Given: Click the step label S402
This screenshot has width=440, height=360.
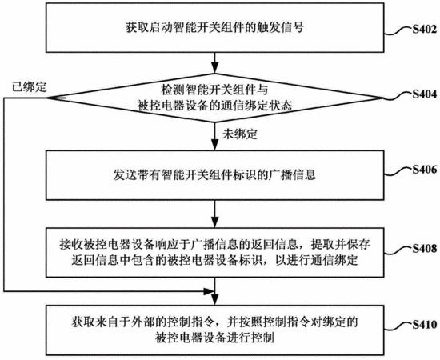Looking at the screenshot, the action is pyautogui.click(x=425, y=29).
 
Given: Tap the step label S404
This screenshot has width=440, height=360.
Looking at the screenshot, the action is pyautogui.click(x=425, y=94).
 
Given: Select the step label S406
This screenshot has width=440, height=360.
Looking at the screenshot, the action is pyautogui.click(x=425, y=170).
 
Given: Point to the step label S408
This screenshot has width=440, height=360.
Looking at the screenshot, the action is pyautogui.click(x=425, y=249).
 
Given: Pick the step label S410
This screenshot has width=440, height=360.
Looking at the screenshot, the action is pyautogui.click(x=425, y=325).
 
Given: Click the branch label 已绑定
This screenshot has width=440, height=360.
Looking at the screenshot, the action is pyautogui.click(x=29, y=87).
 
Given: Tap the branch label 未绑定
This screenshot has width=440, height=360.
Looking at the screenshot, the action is pyautogui.click(x=240, y=134).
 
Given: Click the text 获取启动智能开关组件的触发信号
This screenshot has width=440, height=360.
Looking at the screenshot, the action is pyautogui.click(x=214, y=28).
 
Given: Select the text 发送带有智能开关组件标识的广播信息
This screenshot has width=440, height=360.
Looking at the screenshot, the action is pyautogui.click(x=214, y=174).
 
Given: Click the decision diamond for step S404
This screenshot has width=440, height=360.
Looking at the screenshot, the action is pyautogui.click(x=214, y=98).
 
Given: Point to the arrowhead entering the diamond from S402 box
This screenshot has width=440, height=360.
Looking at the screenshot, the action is pyautogui.click(x=214, y=68).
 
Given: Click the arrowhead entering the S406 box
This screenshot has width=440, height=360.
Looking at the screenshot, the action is pyautogui.click(x=214, y=146).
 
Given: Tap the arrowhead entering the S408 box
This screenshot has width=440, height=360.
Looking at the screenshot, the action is pyautogui.click(x=214, y=222).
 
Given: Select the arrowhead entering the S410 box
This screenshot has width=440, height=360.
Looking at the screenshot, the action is pyautogui.click(x=214, y=300).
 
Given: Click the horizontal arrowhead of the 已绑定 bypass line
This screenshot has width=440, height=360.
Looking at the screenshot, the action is pyautogui.click(x=209, y=291).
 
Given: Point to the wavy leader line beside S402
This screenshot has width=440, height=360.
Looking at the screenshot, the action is pyautogui.click(x=398, y=31).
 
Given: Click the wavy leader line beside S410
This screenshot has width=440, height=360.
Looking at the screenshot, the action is pyautogui.click(x=398, y=326).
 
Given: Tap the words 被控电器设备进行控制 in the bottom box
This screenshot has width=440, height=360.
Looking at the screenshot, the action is pyautogui.click(x=214, y=338).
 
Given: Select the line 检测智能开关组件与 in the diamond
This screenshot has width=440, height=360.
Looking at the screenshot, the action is pyautogui.click(x=214, y=90).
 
